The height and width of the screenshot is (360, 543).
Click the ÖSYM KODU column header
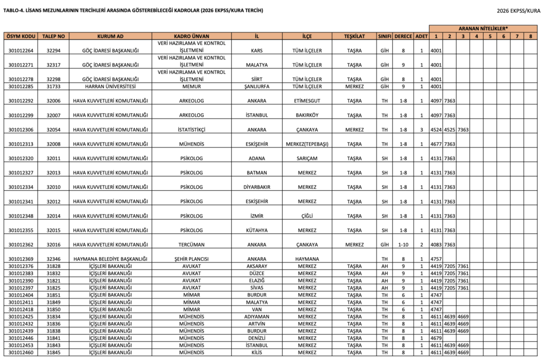click(x=21, y=36)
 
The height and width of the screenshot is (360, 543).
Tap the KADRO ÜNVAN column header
click(x=191, y=36)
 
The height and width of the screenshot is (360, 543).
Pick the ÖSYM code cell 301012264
click(x=21, y=50)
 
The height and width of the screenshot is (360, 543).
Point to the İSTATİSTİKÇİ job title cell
click(x=191, y=129)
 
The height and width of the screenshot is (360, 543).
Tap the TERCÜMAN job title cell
click(x=191, y=244)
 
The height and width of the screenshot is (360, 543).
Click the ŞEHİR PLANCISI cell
click(x=191, y=259)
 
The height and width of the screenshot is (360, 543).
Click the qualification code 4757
click(x=435, y=259)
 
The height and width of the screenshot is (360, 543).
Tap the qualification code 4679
click(x=435, y=338)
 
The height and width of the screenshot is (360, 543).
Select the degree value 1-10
click(x=402, y=244)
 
